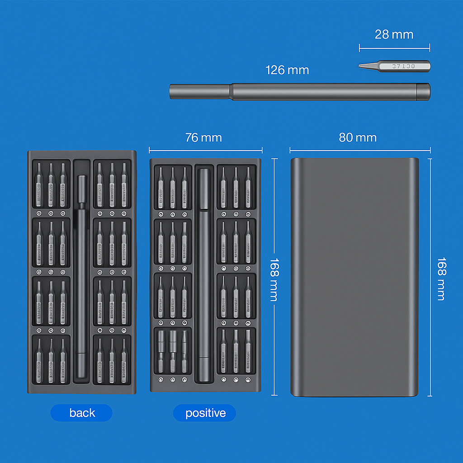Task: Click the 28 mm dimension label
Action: click(x=394, y=34)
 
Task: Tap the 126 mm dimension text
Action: click(x=287, y=70)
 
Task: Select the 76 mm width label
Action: click(x=203, y=137)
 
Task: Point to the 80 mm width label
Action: click(x=358, y=137)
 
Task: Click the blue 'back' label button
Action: click(x=82, y=413)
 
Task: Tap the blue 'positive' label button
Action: click(x=205, y=413)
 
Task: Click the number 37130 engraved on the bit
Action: click(x=403, y=66)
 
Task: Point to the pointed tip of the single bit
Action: click(x=361, y=66)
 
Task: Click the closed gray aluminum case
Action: click(x=354, y=277)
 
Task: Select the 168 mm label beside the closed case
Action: click(x=441, y=279)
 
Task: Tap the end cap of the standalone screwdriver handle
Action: click(x=423, y=91)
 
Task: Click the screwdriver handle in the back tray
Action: click(x=82, y=280)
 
